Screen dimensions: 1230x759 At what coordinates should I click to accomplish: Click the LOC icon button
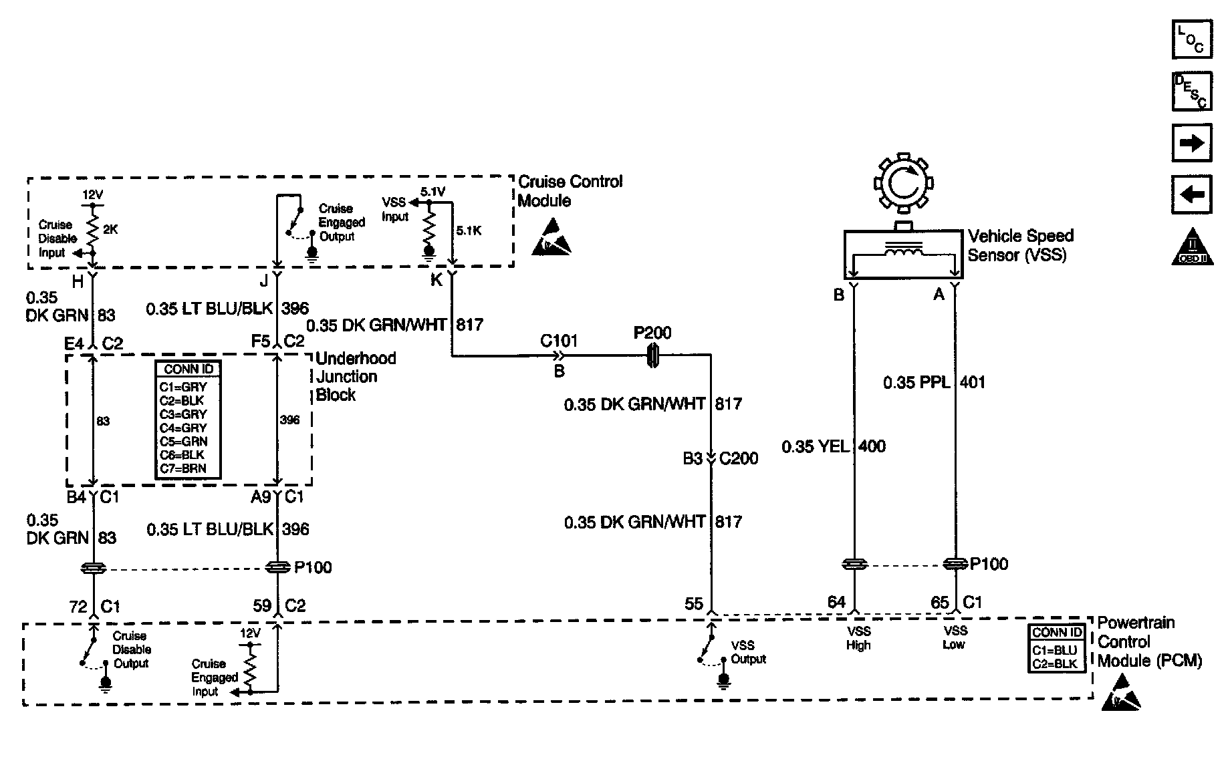click(x=1192, y=39)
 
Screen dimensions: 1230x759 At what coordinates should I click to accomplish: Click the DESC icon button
click(x=1192, y=91)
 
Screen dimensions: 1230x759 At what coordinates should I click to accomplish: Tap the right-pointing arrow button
click(x=1192, y=143)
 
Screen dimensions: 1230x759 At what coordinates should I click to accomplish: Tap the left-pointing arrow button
click(x=1192, y=194)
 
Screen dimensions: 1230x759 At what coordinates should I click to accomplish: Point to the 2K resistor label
click(x=110, y=229)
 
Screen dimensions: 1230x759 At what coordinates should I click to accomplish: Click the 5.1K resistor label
click(x=468, y=231)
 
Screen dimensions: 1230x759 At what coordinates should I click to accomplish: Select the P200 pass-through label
click(x=652, y=333)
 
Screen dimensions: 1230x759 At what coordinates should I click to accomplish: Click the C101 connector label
click(x=559, y=341)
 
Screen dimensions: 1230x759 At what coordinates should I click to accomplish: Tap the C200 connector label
click(x=739, y=458)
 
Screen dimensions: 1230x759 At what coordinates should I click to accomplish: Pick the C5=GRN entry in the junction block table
click(x=183, y=442)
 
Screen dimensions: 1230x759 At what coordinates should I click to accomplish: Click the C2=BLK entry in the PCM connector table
click(x=1055, y=663)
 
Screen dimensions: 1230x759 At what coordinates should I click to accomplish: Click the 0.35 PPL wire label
click(x=916, y=383)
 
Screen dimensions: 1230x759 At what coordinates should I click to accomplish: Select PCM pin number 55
click(x=694, y=604)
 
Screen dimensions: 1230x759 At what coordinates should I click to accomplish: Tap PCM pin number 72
click(x=78, y=607)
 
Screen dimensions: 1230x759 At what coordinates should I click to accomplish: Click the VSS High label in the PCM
click(x=858, y=638)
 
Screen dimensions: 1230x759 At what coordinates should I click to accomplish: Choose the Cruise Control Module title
click(x=570, y=191)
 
